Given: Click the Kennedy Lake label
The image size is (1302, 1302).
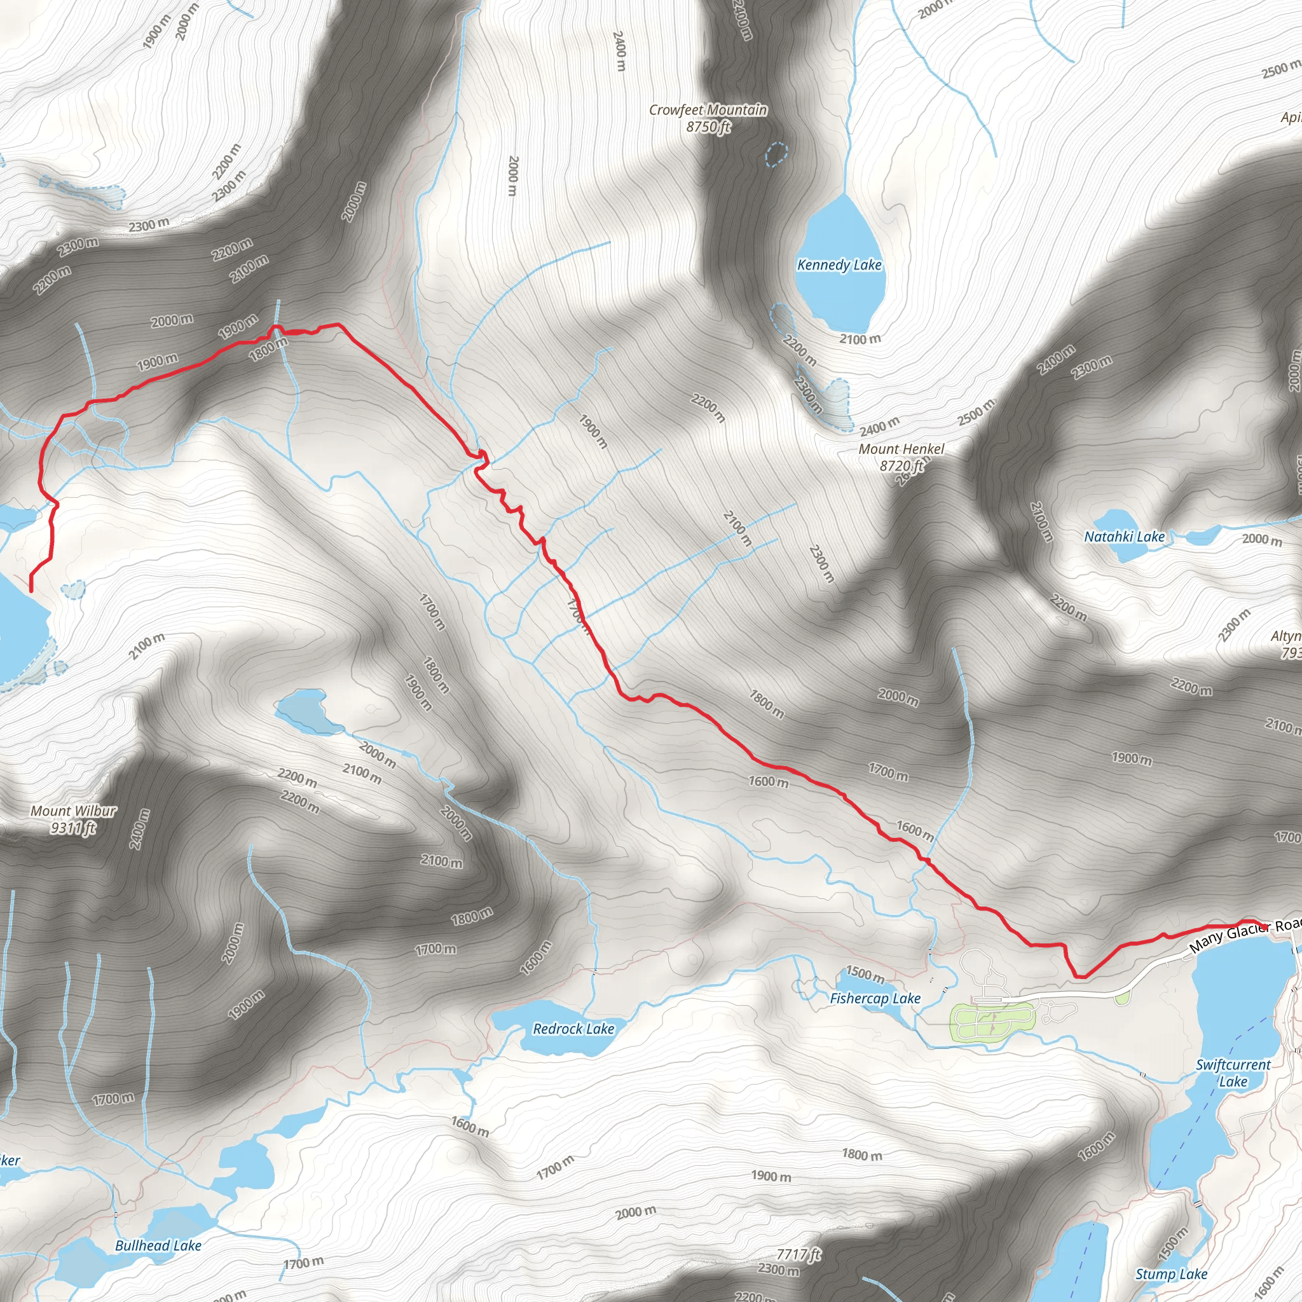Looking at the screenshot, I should coord(839,265).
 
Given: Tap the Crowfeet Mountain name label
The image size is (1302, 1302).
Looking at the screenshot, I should coord(708,110).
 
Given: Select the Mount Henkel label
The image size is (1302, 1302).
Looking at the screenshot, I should coord(901,449).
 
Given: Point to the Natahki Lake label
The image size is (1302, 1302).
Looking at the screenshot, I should coord(1124,537).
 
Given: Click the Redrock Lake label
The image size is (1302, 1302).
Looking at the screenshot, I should coord(573,1029).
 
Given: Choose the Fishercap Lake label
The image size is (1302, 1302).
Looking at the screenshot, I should coord(875,998).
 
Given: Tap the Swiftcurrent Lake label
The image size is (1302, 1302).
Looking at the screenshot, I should coord(1233,1072).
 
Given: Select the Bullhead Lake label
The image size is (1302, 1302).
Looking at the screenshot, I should coord(158,1245).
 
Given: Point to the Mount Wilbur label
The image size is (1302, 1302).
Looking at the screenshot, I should coord(74,811).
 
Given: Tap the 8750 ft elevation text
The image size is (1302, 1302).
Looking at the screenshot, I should coord(708,127).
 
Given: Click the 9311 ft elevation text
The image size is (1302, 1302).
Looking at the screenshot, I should coord(74,828).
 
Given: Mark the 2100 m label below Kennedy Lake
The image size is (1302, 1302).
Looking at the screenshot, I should coord(860,339).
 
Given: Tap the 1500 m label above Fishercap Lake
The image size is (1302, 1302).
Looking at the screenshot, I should coord(865,975).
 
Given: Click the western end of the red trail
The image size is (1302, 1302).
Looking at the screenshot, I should coord(31,591).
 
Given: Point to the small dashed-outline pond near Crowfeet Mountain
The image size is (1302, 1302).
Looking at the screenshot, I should coord(776,154).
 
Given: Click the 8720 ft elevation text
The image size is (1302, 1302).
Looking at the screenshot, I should coord(901,465).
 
